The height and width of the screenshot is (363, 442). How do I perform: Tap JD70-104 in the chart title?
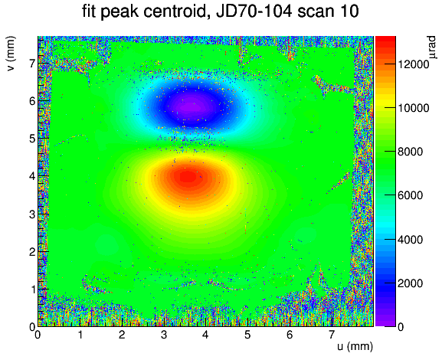(x=254, y=11)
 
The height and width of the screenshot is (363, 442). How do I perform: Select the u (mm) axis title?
(x=355, y=346)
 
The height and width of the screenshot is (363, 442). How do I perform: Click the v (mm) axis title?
(x=11, y=54)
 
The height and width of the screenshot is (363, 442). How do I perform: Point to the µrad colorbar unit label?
(x=431, y=47)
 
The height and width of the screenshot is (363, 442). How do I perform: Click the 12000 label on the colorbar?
(x=413, y=64)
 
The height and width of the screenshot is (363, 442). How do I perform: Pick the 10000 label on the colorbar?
(x=413, y=108)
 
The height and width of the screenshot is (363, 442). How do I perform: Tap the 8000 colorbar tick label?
(x=410, y=152)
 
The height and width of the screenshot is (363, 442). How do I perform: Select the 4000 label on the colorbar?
(x=410, y=240)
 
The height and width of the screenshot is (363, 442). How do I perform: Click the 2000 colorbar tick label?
(x=410, y=283)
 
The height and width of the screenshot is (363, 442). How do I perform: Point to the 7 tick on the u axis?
(x=332, y=335)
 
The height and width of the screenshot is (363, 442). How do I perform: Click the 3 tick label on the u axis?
(x=164, y=335)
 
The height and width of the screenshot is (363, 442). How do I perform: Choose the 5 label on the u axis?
(x=247, y=335)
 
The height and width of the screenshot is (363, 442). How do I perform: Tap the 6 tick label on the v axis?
(x=32, y=101)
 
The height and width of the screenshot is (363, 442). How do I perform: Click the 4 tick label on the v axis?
(x=32, y=176)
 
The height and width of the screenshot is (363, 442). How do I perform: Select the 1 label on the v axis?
(x=32, y=289)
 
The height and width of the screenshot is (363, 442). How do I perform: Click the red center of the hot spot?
(x=188, y=177)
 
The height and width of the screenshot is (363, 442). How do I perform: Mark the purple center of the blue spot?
(x=192, y=106)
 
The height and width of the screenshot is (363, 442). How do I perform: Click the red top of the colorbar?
(x=385, y=40)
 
